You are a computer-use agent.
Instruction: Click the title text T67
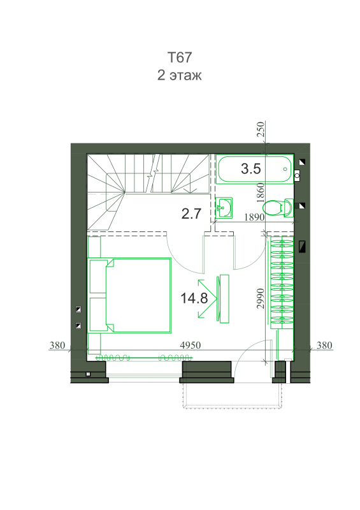[180, 57]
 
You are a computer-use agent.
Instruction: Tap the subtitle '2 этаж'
[180, 75]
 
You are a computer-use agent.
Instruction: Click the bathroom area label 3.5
[251, 169]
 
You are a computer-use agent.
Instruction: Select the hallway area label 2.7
[191, 214]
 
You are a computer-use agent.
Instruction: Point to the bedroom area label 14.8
[194, 298]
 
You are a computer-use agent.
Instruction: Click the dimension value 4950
[191, 345]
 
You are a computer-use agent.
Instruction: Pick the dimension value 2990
[261, 298]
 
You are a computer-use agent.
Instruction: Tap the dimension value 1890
[254, 217]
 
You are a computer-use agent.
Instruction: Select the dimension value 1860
[261, 193]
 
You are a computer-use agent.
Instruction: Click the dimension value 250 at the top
[261, 129]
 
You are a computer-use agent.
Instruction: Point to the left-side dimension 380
[57, 345]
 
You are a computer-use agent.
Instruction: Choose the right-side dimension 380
[324, 345]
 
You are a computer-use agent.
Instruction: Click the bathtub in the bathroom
[255, 169]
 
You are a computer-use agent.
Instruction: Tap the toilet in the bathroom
[278, 208]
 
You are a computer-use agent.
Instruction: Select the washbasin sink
[224, 208]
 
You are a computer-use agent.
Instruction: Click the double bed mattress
[139, 296]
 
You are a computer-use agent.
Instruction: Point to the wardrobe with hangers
[282, 282]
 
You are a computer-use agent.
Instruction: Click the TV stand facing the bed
[224, 298]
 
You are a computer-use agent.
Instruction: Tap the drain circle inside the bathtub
[285, 169]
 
